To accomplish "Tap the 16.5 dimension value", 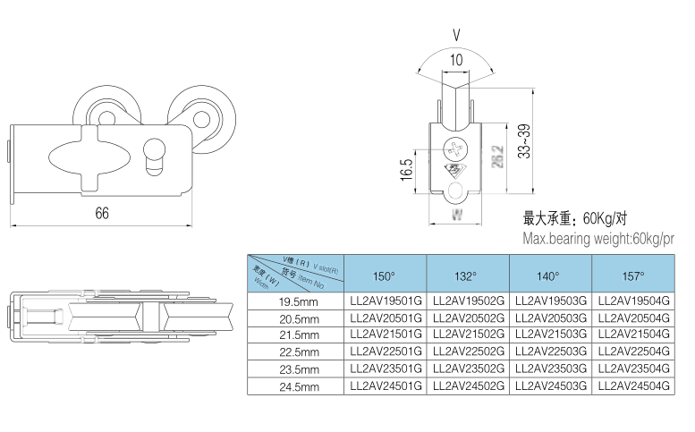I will click(407, 169).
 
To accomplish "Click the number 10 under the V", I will click(456, 62).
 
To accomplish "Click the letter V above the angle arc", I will click(456, 37).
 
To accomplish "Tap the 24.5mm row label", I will click(298, 387).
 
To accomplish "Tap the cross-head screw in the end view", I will click(457, 145).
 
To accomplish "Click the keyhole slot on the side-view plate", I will click(153, 152).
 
